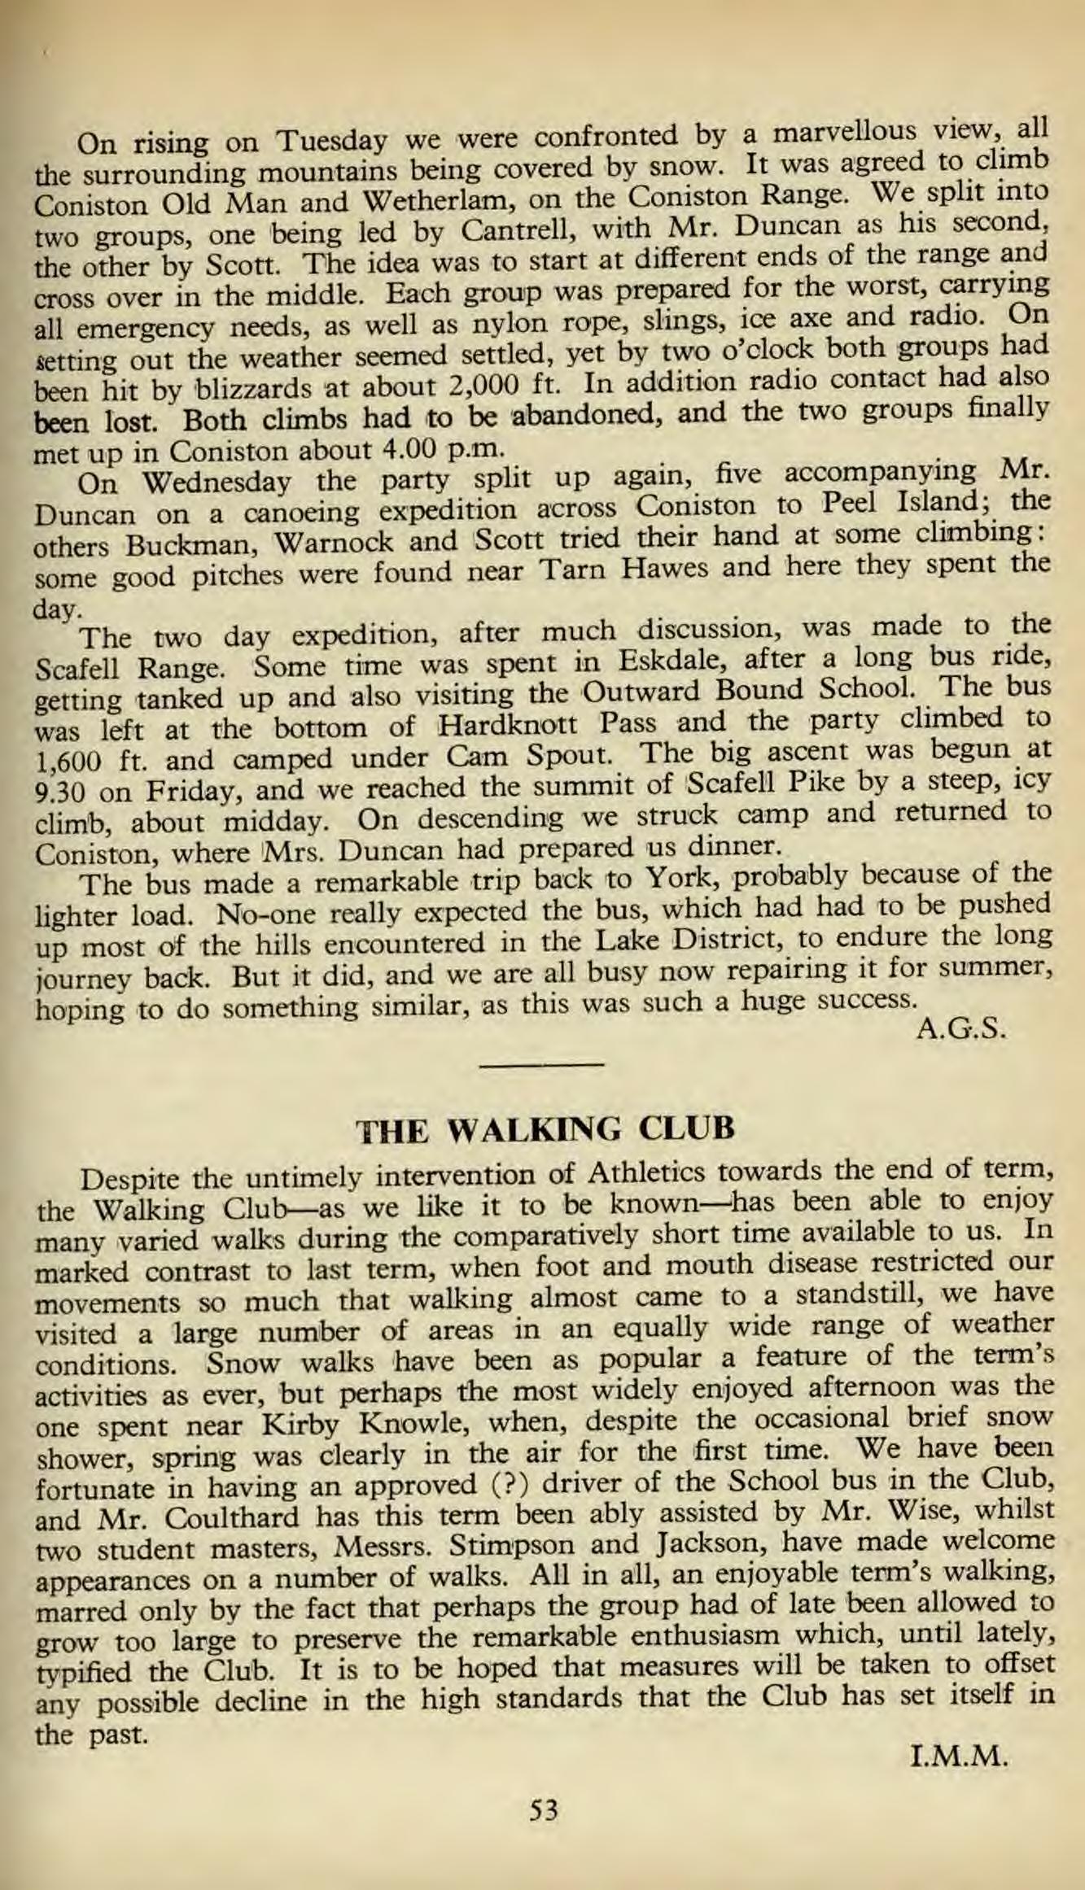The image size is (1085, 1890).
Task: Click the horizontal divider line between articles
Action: [x=543, y=1063]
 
